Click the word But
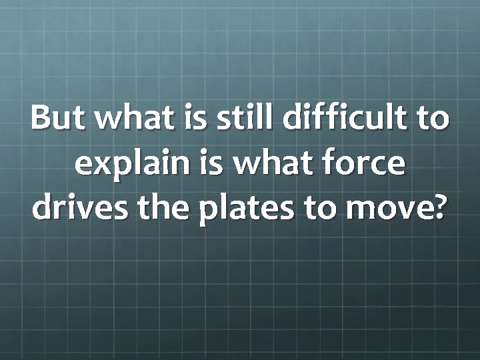pos(59,119)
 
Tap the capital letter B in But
pos(41,119)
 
